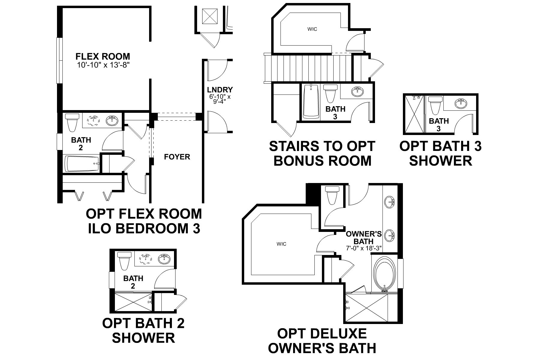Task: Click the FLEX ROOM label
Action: (x=103, y=56)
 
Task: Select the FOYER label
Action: (x=177, y=157)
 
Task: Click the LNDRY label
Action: (x=220, y=90)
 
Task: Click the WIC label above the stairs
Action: (x=312, y=29)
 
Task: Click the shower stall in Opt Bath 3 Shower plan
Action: (x=414, y=114)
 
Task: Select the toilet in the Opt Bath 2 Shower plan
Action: (x=124, y=260)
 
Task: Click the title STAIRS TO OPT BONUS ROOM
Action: (x=322, y=153)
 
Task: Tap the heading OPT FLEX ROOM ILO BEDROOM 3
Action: (x=144, y=221)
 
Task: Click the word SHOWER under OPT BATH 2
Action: (x=143, y=338)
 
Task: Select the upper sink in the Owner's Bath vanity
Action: (x=389, y=201)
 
